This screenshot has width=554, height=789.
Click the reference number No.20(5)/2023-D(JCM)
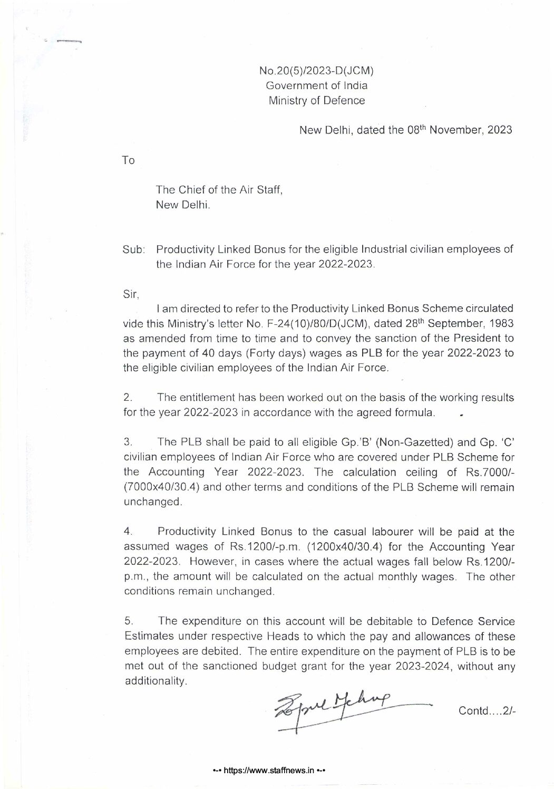pyautogui.click(x=316, y=70)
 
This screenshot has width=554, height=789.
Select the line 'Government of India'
pyautogui.click(x=316, y=85)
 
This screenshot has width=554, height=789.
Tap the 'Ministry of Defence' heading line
pyautogui.click(x=316, y=101)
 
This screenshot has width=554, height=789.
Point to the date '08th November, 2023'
pyautogui.click(x=459, y=130)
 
